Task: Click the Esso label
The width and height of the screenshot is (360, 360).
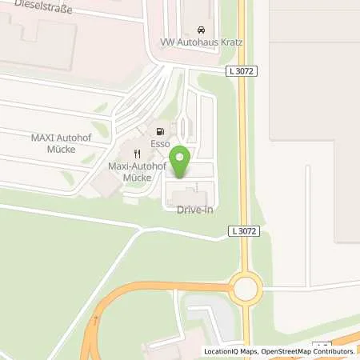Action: pyautogui.click(x=156, y=146)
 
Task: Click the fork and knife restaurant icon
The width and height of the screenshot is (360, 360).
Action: pyautogui.click(x=138, y=153)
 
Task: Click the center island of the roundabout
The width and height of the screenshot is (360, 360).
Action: pyautogui.click(x=244, y=288)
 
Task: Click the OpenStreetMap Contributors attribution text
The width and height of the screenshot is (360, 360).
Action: pyautogui.click(x=307, y=351)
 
